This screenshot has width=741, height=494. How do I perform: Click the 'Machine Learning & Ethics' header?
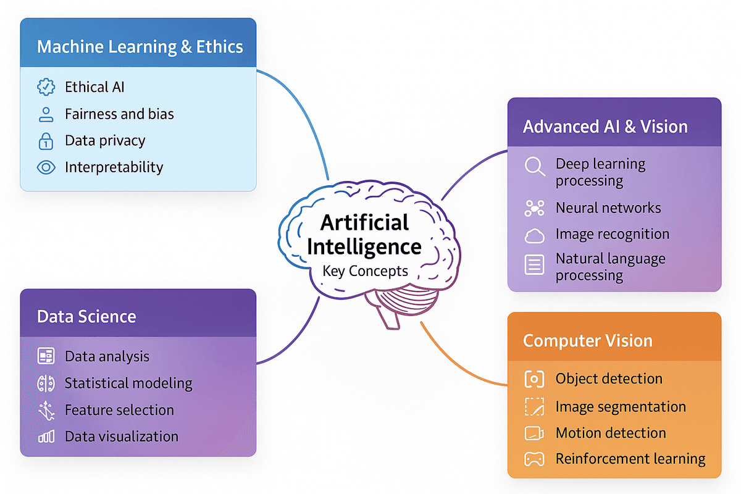(140, 47)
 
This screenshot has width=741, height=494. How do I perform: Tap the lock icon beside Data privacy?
(46, 141)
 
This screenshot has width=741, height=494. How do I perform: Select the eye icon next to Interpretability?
(46, 167)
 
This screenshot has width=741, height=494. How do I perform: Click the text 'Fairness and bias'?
(119, 114)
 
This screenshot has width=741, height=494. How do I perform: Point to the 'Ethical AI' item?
(94, 87)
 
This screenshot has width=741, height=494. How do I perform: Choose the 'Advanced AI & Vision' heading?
(605, 127)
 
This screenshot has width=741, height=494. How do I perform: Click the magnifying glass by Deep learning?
(534, 166)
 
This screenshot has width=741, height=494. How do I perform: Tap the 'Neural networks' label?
(608, 208)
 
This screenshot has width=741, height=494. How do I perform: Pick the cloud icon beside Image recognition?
(534, 235)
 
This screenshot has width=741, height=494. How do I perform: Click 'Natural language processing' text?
(610, 267)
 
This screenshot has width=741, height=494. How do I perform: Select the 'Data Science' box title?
(86, 316)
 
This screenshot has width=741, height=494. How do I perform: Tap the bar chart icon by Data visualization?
(46, 437)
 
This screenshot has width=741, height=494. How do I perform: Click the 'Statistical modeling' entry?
(128, 383)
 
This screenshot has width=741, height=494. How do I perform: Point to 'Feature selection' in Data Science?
(119, 410)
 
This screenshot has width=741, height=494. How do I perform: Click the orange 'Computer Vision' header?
(587, 341)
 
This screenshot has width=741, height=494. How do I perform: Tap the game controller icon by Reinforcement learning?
(534, 459)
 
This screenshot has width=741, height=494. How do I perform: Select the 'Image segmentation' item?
(620, 407)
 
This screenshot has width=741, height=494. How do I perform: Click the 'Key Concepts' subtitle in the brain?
(365, 271)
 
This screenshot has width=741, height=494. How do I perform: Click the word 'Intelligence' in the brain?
(364, 247)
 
